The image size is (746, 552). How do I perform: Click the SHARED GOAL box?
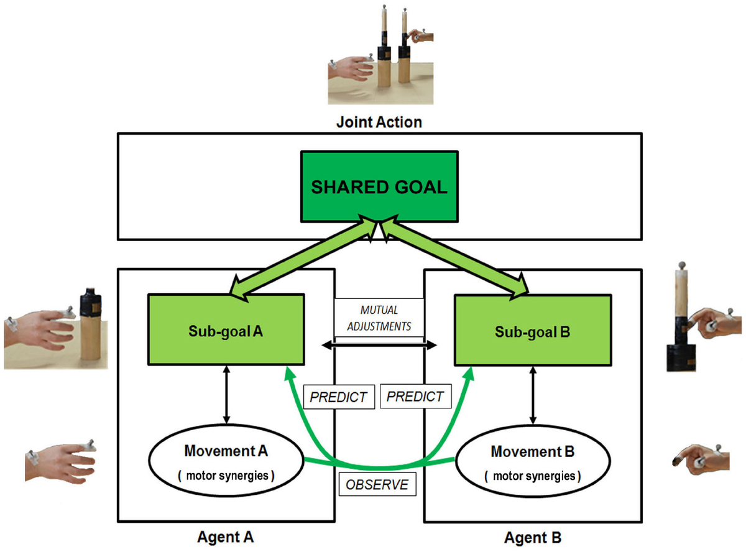pyautogui.click(x=379, y=186)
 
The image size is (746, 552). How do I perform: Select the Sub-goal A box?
pyautogui.click(x=226, y=330)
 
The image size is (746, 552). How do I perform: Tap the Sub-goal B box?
pyautogui.click(x=532, y=330)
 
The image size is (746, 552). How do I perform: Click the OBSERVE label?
pyautogui.click(x=378, y=484)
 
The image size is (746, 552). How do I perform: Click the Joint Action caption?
pyautogui.click(x=379, y=121)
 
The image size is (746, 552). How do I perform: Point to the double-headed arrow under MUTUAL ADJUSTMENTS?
pyautogui.click(x=379, y=344)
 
